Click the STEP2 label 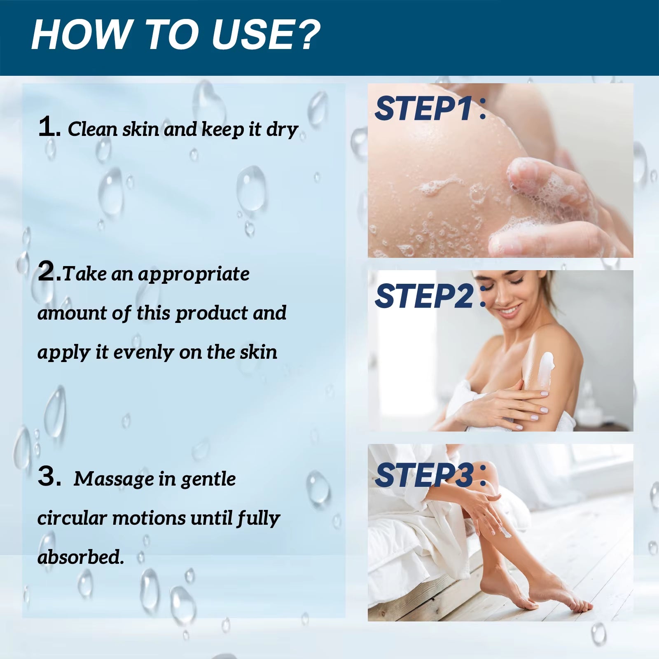tap(424, 296)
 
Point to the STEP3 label tap(424, 475)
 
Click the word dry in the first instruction tap(282, 130)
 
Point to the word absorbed tap(80, 557)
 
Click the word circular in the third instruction tap(72, 518)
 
